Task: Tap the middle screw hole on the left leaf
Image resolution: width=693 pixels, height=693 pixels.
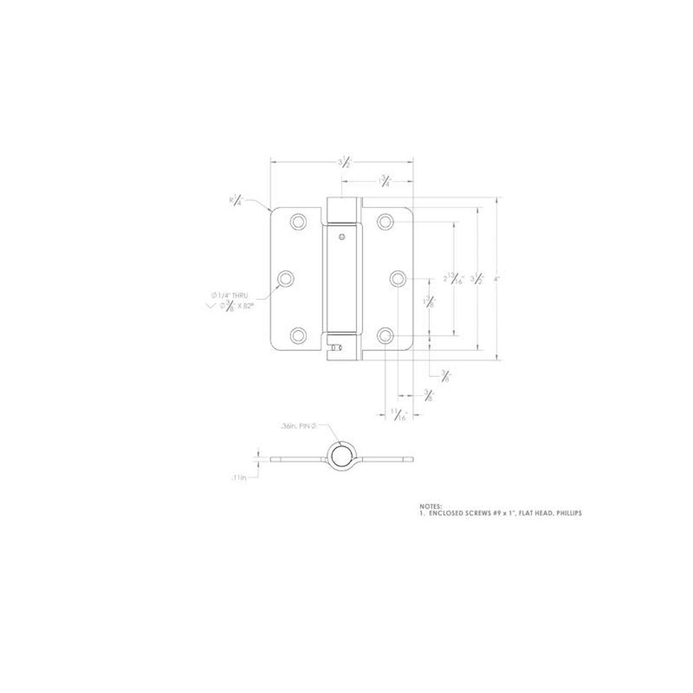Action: coord(286,279)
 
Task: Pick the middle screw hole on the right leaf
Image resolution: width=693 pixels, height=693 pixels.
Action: coord(397,279)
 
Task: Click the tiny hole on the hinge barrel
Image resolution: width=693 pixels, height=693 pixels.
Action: coord(341,237)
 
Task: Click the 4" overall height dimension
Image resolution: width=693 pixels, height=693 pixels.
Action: coord(497,279)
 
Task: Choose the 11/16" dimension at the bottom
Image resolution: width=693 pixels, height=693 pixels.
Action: coord(398,415)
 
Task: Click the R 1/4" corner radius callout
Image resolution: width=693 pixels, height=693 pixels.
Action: coord(237,201)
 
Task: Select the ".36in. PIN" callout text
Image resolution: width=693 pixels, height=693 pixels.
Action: coord(298,427)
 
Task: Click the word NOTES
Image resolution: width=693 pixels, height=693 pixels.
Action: coord(431,506)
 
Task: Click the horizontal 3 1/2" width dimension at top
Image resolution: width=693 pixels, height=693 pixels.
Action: coord(344,163)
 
